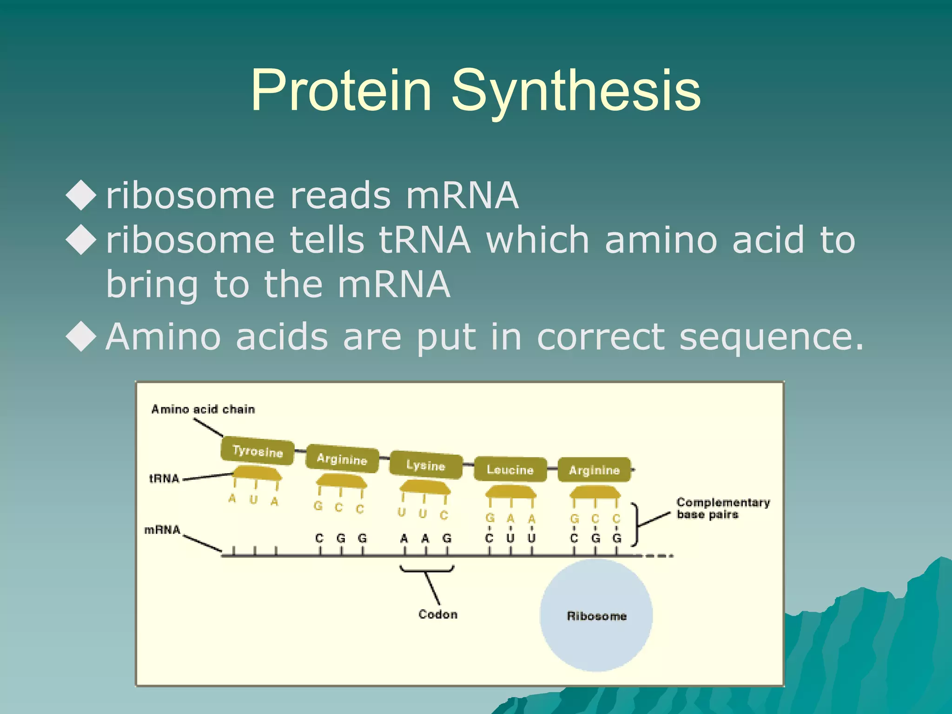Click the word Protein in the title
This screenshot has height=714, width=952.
(x=341, y=91)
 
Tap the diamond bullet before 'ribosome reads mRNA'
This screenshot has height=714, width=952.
(x=81, y=195)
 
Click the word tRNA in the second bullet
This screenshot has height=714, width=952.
(x=424, y=240)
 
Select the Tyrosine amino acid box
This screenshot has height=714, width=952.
(x=258, y=450)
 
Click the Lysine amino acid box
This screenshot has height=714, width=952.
(x=426, y=465)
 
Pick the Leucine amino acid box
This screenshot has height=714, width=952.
(x=510, y=469)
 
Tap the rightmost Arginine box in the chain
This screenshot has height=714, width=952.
(x=595, y=469)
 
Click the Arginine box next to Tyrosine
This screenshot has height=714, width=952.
(x=342, y=459)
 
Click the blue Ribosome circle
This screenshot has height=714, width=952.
(x=596, y=616)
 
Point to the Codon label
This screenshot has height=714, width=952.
(x=437, y=615)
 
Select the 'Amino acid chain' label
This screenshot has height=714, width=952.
(x=203, y=410)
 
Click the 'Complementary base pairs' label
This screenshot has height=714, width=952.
(x=722, y=508)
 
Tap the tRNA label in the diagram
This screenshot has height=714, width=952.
(x=164, y=478)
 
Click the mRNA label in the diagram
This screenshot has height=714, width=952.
(x=162, y=530)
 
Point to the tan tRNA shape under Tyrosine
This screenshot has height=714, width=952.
(x=257, y=474)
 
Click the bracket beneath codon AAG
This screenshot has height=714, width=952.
(x=427, y=569)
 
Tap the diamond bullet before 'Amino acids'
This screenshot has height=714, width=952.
(x=81, y=337)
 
